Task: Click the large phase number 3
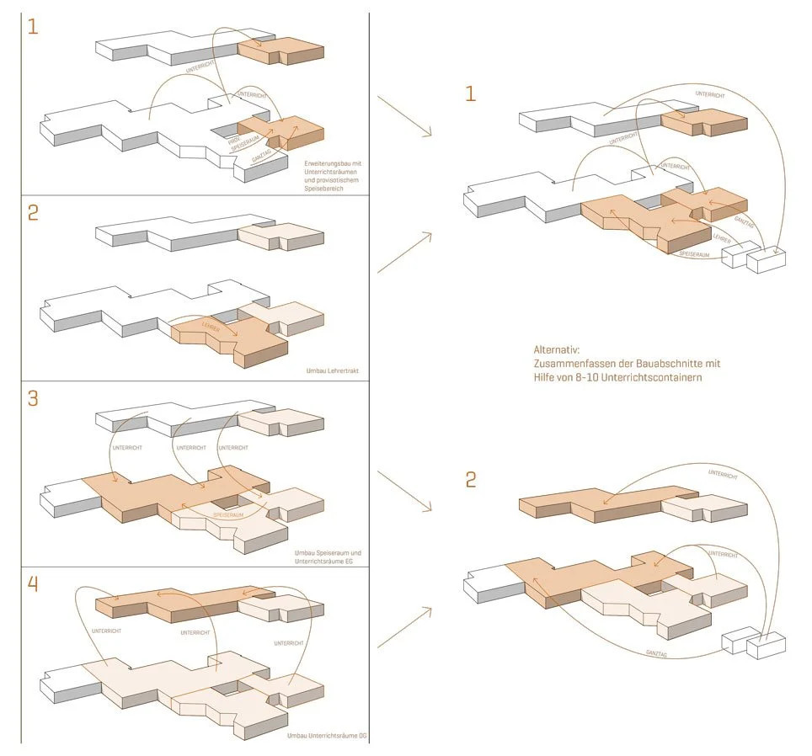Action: coord(33,397)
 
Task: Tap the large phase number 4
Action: coord(33,583)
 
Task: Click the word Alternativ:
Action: coord(557,349)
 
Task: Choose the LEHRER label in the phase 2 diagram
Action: coord(211,327)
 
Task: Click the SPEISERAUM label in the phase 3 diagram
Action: coord(229,514)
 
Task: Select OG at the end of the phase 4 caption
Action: coord(363,737)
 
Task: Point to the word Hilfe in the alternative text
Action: coord(546,377)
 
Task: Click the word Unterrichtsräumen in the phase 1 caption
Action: coord(329,171)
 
